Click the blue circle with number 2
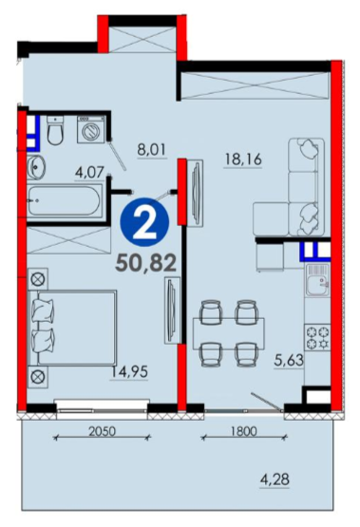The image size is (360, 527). [144, 222]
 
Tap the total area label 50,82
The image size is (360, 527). [145, 262]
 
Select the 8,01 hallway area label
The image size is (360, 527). [152, 149]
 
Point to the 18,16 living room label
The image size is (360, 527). [243, 160]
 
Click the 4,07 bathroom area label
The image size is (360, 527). [89, 173]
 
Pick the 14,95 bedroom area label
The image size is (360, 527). [129, 372]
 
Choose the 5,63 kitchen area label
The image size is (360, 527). [289, 361]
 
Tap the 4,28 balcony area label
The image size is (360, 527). [275, 479]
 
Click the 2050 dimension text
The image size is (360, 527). [102, 431]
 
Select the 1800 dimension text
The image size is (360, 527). [243, 431]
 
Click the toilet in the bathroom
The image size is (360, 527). [55, 131]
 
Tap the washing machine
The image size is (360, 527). [91, 129]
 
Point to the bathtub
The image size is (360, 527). [65, 201]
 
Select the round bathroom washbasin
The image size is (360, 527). [36, 167]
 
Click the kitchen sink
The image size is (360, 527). [317, 279]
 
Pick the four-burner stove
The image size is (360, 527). [317, 337]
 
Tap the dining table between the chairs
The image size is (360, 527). [229, 332]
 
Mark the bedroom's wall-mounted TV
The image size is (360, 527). [172, 311]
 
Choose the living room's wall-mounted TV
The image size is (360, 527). [196, 194]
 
